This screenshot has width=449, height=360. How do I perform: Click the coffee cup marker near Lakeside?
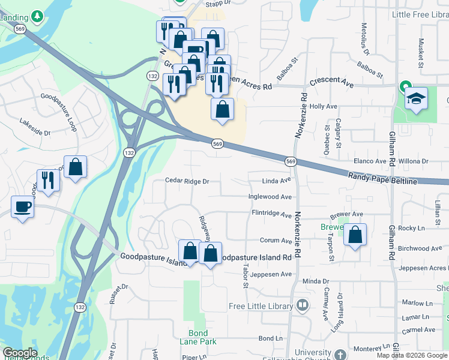[x=23, y=207]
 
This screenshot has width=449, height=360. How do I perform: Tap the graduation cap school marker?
[x=416, y=98]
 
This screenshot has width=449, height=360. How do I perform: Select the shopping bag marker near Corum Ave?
[x=355, y=235]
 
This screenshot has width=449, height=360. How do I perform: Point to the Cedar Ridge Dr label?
[x=187, y=181]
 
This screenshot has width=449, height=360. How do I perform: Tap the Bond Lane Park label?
[x=198, y=337]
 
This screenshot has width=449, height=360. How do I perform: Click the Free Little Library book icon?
[x=303, y=306]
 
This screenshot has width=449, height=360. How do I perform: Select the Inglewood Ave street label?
[x=270, y=197]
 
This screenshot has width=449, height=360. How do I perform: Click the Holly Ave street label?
[x=324, y=106]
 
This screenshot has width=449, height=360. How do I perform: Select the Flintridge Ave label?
[x=271, y=213]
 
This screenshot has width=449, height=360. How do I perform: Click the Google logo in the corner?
[x=20, y=353]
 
